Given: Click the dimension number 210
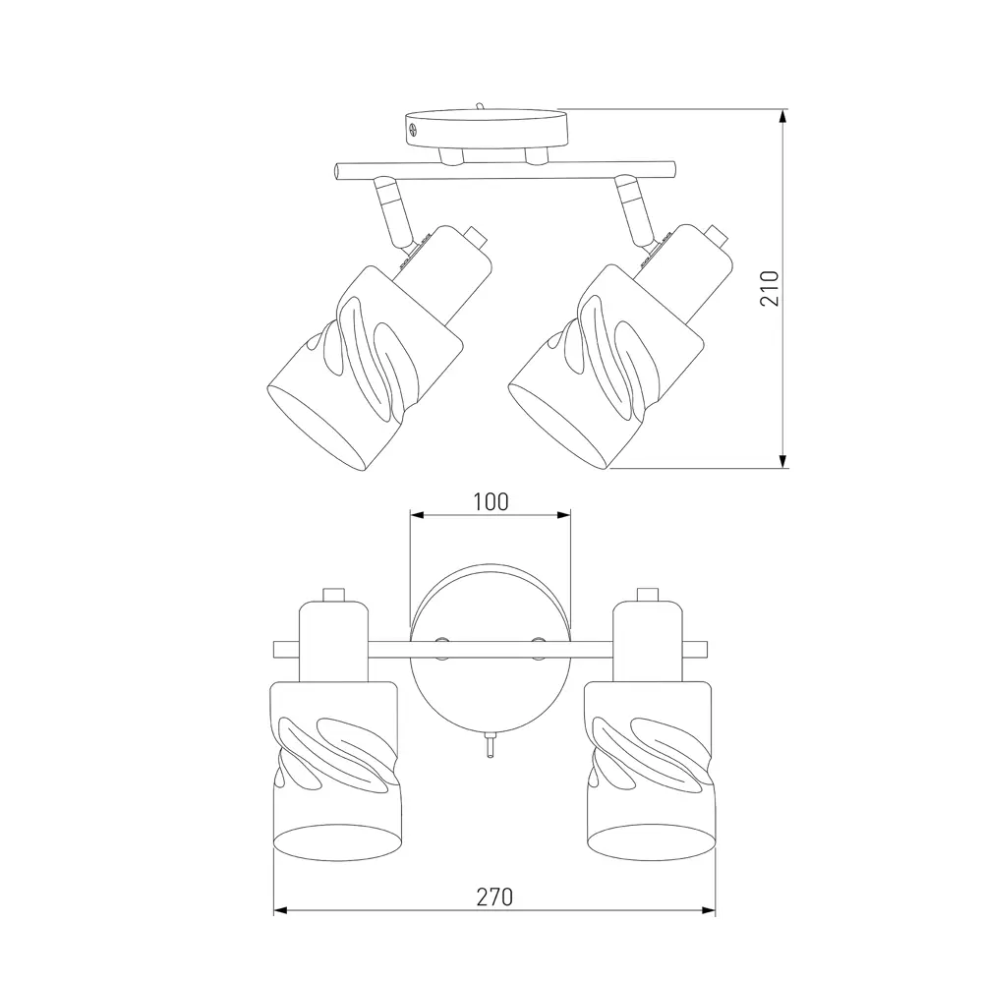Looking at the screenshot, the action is click(x=770, y=288).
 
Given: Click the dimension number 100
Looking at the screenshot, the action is click(x=491, y=501).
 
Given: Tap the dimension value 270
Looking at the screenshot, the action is click(x=494, y=897).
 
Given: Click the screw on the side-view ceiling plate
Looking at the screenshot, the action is click(x=413, y=130).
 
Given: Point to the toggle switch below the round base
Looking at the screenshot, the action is click(x=491, y=745).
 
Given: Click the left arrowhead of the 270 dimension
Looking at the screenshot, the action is click(x=281, y=910).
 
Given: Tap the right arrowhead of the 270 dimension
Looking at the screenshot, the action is click(x=708, y=910).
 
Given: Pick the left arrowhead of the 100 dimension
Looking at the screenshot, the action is click(x=418, y=515).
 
